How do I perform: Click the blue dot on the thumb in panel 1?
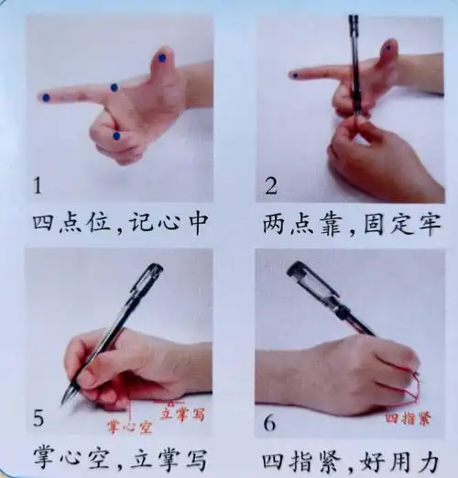[x=162, y=58]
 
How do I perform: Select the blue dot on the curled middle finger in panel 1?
[x=116, y=136]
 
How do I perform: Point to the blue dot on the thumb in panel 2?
[x=388, y=46]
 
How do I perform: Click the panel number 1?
[x=38, y=186]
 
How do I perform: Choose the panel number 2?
[x=271, y=186]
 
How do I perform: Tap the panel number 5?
[x=38, y=419]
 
